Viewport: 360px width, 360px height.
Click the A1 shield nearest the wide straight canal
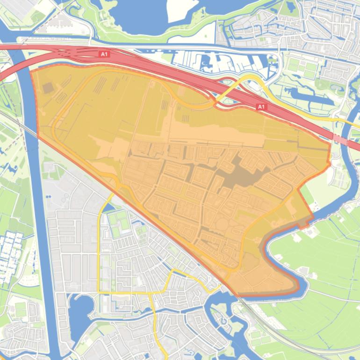[x=104, y=54]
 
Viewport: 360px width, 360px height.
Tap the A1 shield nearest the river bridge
[x=261, y=107]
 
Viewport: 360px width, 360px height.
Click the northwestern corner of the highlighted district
[x=32, y=71]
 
